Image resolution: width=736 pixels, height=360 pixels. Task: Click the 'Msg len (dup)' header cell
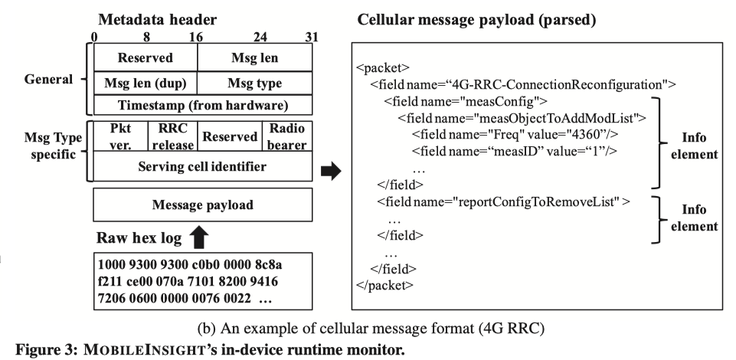coord(146,82)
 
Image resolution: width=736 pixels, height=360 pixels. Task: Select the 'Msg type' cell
coord(255,82)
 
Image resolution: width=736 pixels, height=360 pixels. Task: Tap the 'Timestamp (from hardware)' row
coord(202,105)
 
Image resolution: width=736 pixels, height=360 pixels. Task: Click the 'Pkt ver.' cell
coord(118,136)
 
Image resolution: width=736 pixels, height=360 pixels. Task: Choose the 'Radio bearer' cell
coord(286,136)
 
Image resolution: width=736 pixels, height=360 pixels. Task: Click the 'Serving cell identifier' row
coord(202,165)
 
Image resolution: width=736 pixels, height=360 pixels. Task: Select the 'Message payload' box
coord(202,205)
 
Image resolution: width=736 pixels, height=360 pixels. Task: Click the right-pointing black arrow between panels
coord(330,173)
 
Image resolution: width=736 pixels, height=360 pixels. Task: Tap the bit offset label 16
coord(197,35)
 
